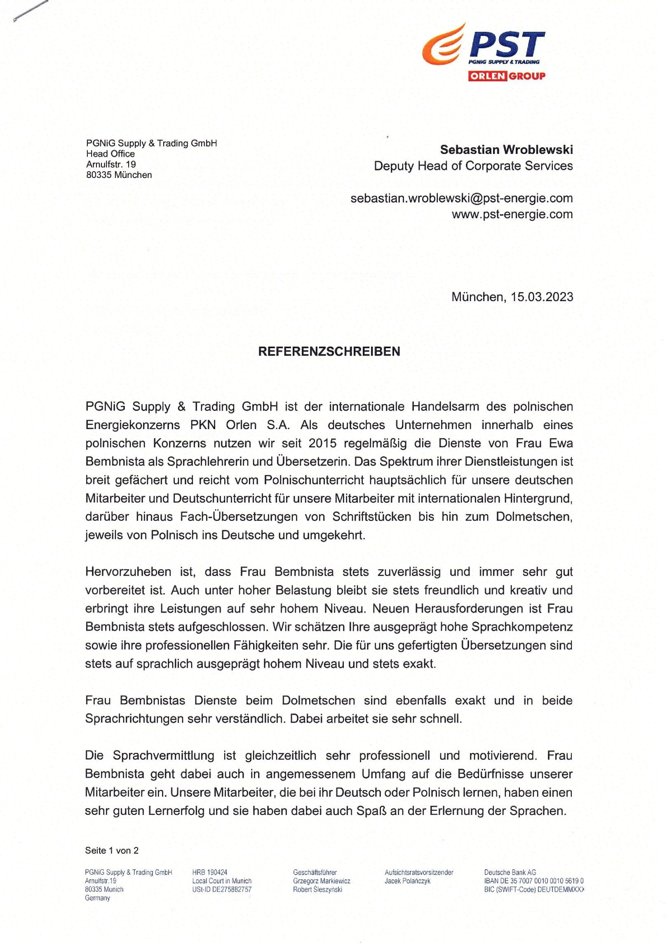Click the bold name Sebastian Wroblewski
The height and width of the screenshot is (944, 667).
pos(506,149)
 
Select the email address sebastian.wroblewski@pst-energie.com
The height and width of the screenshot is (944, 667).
pos(461,198)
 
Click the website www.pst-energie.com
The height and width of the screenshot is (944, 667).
pos(512,214)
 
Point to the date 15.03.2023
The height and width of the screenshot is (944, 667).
pos(542,297)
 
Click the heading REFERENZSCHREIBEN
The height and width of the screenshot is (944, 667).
pos(329,351)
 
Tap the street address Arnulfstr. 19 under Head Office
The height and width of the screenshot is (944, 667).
pos(111,164)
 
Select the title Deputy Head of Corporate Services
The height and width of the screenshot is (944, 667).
pos(473,166)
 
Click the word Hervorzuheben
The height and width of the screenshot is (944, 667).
pos(128,572)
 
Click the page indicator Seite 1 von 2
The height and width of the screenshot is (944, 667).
pos(112,850)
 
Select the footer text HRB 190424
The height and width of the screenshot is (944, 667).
pos(209,872)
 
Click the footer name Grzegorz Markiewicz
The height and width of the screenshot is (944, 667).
pos(322,881)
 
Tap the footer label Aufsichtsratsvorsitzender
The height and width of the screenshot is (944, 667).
pos(419,872)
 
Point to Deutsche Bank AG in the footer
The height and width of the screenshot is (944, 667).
pos(510,872)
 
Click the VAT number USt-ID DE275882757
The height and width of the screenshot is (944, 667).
pos(221,890)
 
